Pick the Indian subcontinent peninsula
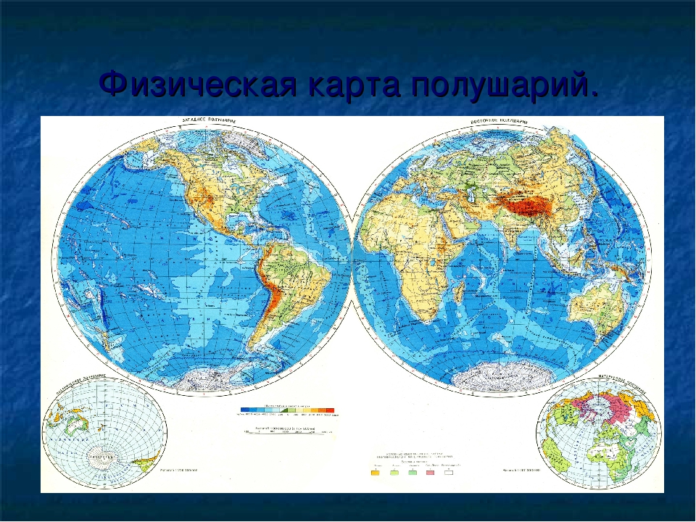(500, 232)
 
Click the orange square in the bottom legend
(376, 473)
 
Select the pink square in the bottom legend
(429, 473)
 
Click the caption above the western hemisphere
(207, 120)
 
